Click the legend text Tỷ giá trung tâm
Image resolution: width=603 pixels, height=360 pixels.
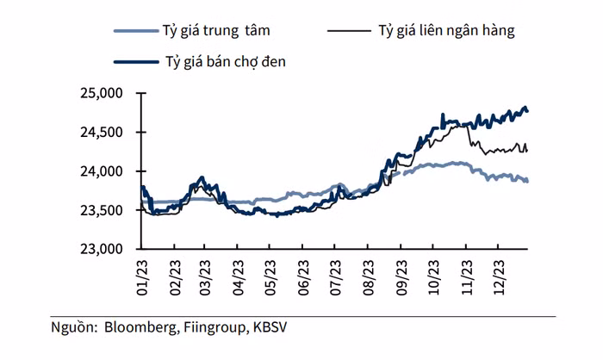tap(216, 32)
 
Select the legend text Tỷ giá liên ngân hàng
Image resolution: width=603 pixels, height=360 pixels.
tap(446, 32)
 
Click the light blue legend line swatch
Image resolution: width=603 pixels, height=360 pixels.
tap(134, 32)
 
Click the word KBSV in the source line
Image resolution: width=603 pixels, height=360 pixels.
tap(276, 327)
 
